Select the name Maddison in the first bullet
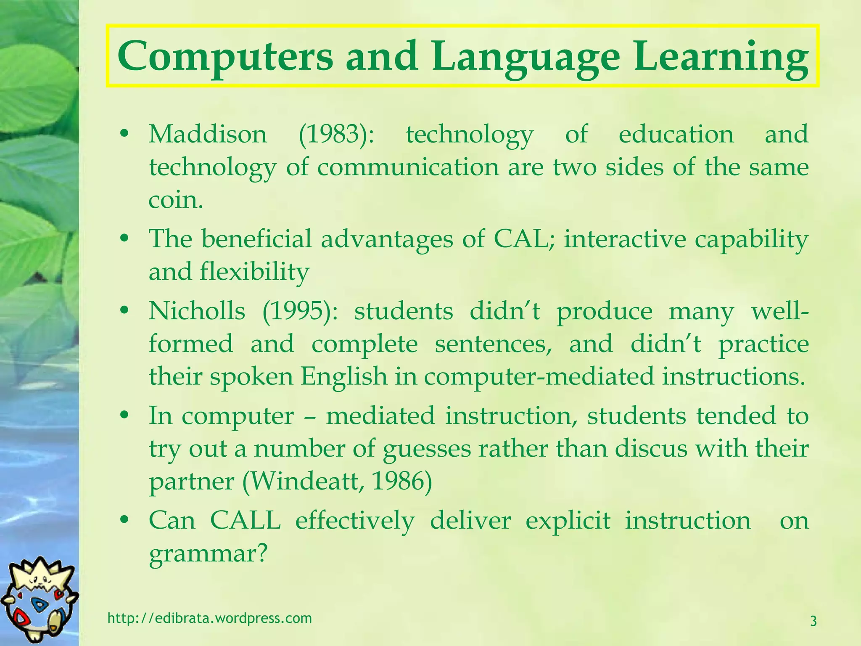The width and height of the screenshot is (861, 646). tap(208, 135)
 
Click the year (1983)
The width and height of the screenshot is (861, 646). tap(335, 135)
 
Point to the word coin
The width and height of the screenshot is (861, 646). tap(176, 200)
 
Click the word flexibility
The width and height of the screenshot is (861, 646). tap(254, 272)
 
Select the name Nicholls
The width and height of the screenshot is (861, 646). tap(197, 311)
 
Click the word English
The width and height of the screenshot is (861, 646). tap(343, 376)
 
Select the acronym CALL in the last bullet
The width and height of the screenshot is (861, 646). tap(245, 521)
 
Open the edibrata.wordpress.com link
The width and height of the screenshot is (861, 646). tap(210, 618)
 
